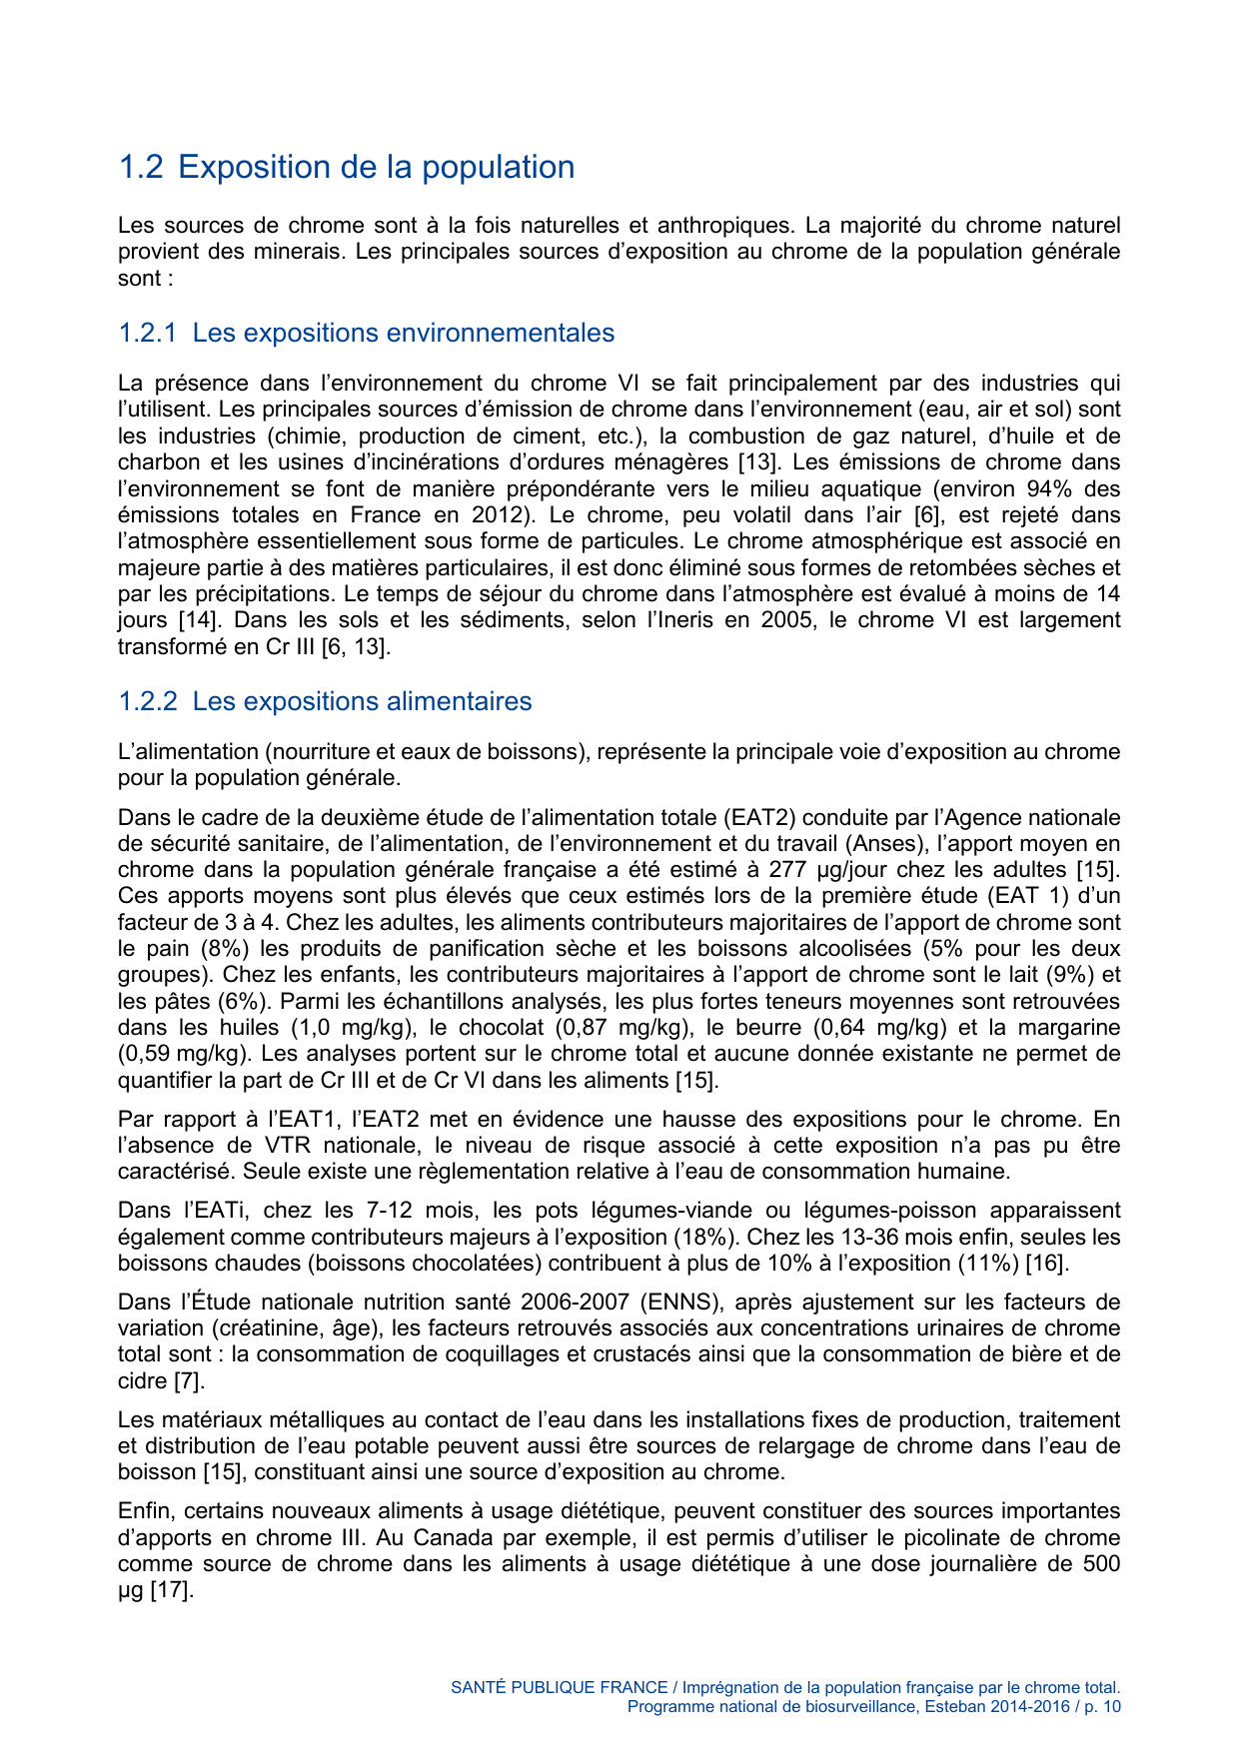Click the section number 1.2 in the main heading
[140, 167]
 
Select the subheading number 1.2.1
[147, 333]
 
